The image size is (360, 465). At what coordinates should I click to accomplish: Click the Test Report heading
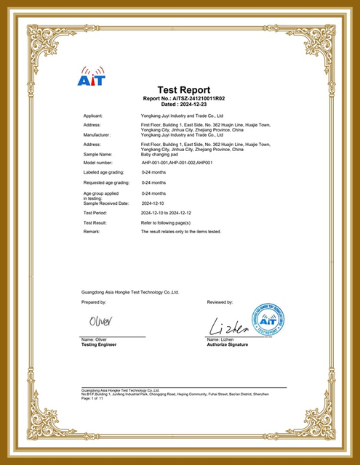183,90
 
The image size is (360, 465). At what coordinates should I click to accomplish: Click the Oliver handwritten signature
102,321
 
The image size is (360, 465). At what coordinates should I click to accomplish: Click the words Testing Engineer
100,344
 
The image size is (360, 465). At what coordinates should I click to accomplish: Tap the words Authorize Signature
227,344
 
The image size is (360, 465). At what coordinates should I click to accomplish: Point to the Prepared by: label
95,301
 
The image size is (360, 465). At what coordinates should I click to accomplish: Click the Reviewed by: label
220,301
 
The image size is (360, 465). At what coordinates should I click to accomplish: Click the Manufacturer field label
97,135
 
